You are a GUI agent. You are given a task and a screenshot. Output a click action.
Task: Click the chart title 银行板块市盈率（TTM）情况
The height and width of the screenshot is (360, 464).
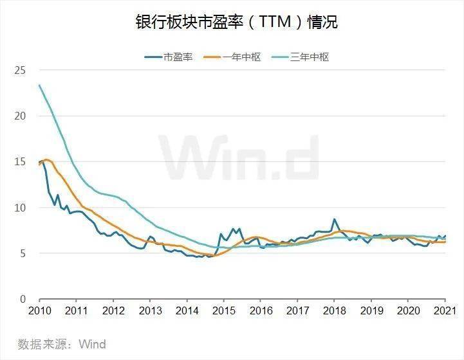(236, 22)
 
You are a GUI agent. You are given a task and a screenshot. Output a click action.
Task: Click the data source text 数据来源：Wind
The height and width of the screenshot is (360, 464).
(62, 344)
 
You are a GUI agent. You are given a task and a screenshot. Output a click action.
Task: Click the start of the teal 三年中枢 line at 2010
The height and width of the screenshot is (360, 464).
(40, 85)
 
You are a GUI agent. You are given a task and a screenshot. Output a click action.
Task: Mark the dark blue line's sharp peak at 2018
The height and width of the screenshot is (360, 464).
(334, 219)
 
